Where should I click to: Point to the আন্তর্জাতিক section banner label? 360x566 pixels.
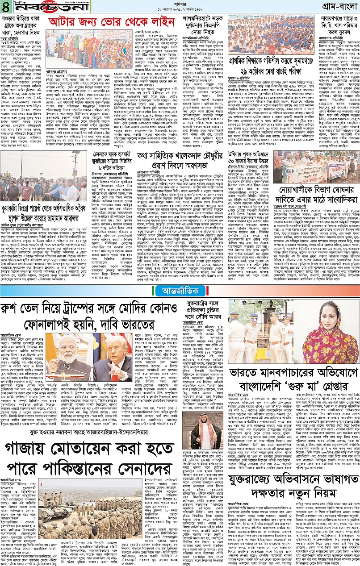(180, 291)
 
